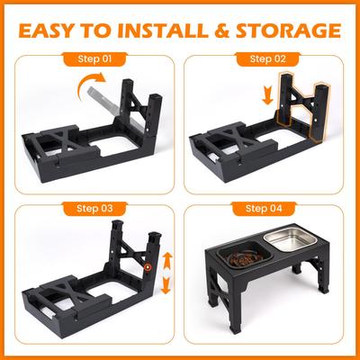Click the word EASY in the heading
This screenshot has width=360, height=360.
[53, 31]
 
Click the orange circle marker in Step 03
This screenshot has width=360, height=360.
[147, 268]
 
